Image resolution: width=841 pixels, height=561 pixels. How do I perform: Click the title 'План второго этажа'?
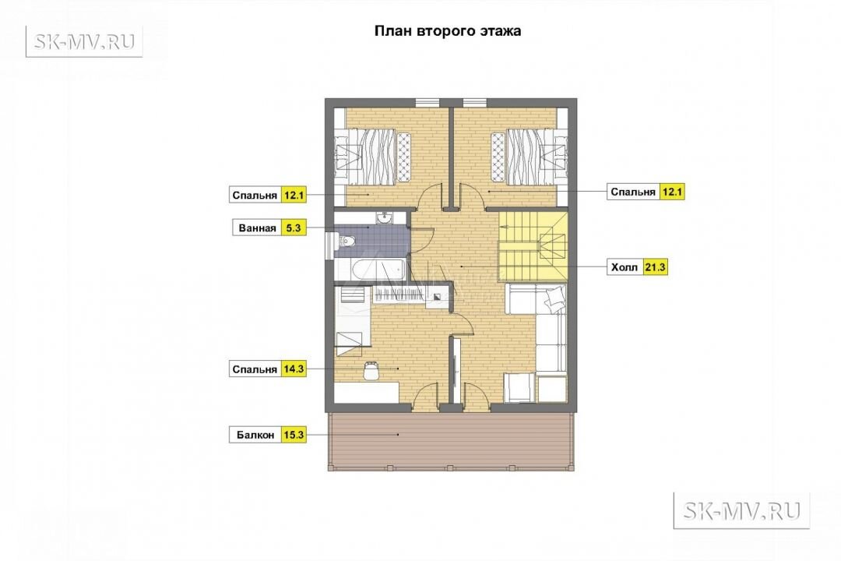pyautogui.click(x=447, y=30)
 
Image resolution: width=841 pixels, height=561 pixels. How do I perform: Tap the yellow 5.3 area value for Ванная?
pyautogui.click(x=294, y=228)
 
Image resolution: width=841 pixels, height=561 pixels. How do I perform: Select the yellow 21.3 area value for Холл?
pyautogui.click(x=655, y=266)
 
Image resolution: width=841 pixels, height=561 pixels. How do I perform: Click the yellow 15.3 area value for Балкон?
pyautogui.click(x=294, y=435)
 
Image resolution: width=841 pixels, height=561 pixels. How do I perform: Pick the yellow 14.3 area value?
pyautogui.click(x=294, y=369)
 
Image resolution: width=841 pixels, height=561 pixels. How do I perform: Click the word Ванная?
pyautogui.click(x=258, y=228)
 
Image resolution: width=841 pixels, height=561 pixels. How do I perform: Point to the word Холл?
pyautogui.click(x=625, y=267)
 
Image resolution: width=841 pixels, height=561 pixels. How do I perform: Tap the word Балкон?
pyautogui.click(x=255, y=436)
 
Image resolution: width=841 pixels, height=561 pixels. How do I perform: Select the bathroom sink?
pyautogui.click(x=384, y=217)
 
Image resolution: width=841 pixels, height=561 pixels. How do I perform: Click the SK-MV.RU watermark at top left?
pyautogui.click(x=84, y=41)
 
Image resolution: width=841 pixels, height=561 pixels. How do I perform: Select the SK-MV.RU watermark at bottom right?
pyautogui.click(x=741, y=510)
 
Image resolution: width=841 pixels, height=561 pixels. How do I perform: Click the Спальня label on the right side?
pyautogui.click(x=633, y=192)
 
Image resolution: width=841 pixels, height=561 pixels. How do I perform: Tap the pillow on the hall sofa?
pyautogui.click(x=555, y=298)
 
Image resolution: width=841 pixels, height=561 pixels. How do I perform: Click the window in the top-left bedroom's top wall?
pyautogui.click(x=428, y=102)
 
